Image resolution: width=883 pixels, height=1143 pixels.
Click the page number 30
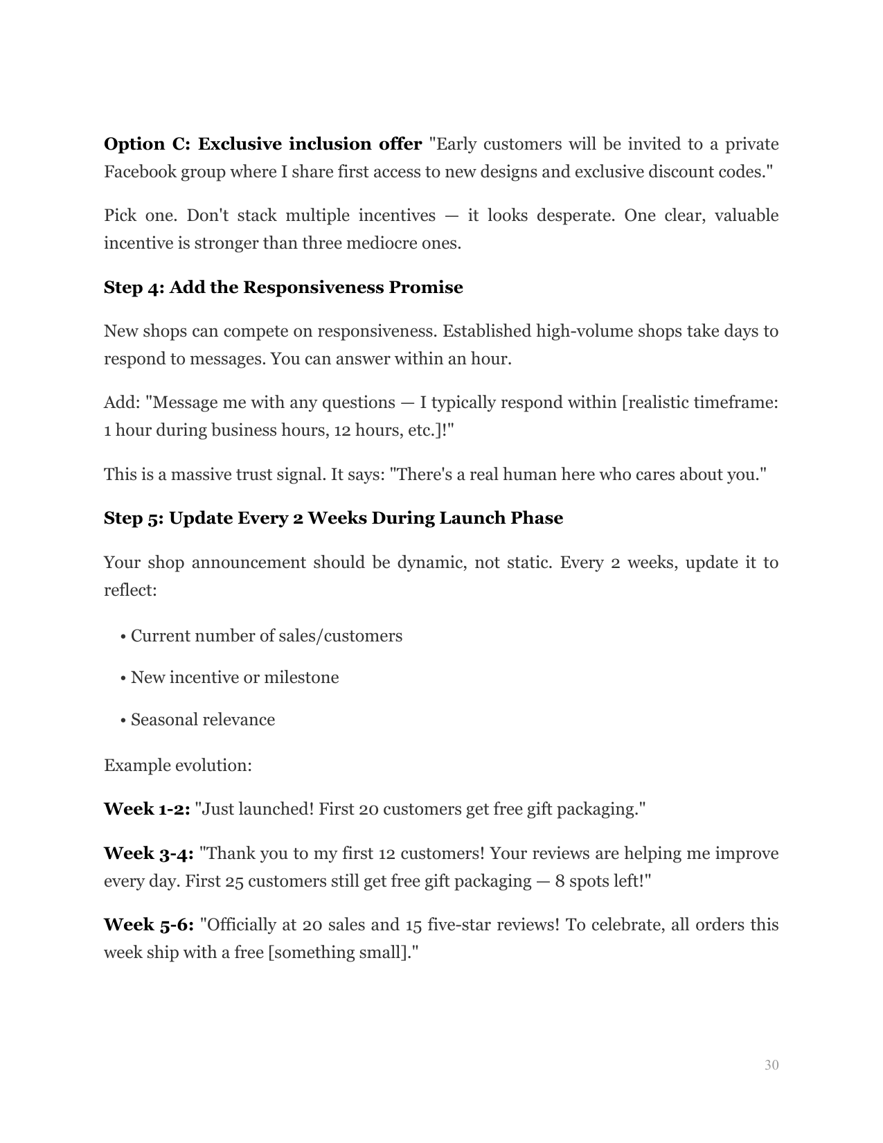[x=771, y=1065]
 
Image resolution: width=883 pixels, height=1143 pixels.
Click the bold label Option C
[x=143, y=144]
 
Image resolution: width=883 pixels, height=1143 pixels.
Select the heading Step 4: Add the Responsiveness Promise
[x=283, y=287]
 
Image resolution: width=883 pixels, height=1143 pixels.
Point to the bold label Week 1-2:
[x=147, y=809]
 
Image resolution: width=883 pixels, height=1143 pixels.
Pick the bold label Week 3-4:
[x=148, y=853]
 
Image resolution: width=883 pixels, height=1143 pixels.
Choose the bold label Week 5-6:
[x=148, y=925]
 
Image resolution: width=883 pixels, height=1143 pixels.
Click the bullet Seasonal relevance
[x=202, y=720]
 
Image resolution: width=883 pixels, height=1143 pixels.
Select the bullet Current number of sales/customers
[x=266, y=636]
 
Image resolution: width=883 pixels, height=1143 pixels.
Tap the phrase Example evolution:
[x=178, y=765]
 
